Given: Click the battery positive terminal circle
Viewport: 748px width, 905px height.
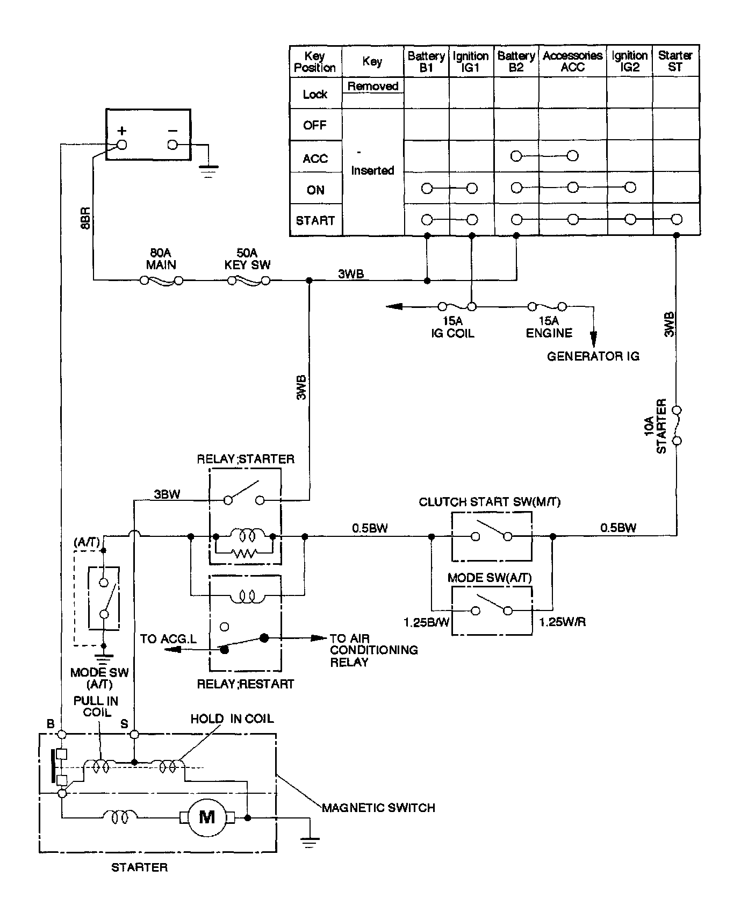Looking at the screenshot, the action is [x=122, y=145].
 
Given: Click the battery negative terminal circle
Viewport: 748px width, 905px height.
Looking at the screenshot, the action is [x=172, y=145].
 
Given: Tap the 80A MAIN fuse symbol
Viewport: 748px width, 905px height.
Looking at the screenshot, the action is [x=161, y=281].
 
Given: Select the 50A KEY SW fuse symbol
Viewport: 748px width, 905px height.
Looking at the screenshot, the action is [x=248, y=281].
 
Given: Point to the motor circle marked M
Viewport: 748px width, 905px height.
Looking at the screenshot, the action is [x=207, y=817].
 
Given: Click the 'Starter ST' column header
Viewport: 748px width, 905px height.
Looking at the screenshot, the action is [x=675, y=61].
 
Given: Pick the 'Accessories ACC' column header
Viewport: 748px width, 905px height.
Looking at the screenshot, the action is [x=573, y=61].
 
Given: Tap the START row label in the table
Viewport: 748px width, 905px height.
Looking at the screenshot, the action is [x=315, y=220].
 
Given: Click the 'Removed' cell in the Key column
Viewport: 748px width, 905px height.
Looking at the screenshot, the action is [x=372, y=86].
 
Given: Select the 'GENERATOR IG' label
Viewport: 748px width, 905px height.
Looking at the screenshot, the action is [x=593, y=356].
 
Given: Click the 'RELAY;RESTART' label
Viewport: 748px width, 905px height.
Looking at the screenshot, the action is [x=246, y=684].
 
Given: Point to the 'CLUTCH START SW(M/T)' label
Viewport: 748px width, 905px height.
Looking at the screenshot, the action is [x=490, y=502].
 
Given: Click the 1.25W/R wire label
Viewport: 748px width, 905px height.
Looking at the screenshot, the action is [x=563, y=622].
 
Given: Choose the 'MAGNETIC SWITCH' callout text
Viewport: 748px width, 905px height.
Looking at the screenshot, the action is [x=378, y=808].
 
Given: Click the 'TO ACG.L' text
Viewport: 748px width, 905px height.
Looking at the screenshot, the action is [x=168, y=639].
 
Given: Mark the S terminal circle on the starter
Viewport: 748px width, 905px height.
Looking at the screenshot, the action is [x=134, y=734].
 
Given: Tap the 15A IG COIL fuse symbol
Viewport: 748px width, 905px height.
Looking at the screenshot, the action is [x=457, y=307].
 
